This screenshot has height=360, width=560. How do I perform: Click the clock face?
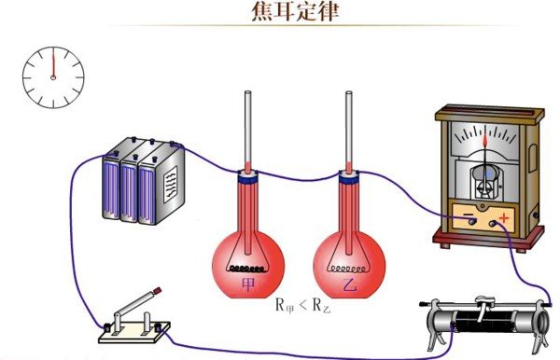pyautogui.click(x=53, y=76)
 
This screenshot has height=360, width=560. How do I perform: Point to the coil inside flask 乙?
pyautogui.click(x=350, y=264)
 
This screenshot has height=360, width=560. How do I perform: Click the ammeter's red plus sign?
pyautogui.click(x=505, y=217)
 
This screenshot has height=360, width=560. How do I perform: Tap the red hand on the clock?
pyautogui.click(x=53, y=64)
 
